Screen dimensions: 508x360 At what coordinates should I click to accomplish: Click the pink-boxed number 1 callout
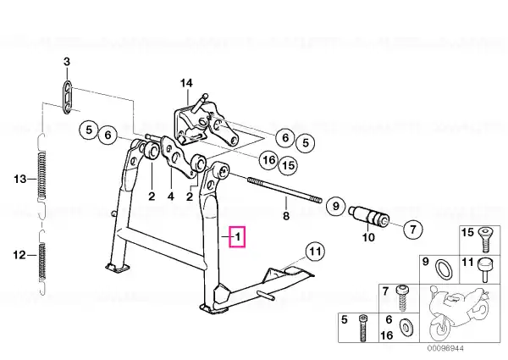click(x=237, y=237)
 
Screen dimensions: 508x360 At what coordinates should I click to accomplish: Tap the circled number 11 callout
click(x=316, y=252)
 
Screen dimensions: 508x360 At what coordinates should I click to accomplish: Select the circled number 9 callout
click(x=335, y=206)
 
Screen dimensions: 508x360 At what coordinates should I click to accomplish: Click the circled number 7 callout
click(x=413, y=230)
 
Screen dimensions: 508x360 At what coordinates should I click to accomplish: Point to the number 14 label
click(x=186, y=83)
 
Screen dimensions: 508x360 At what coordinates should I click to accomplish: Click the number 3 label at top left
click(x=66, y=62)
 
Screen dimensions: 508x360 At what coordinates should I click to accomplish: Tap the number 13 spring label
click(x=19, y=179)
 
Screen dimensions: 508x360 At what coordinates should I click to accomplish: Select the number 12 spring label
click(x=19, y=255)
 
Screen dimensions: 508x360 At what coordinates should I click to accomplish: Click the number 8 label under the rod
click(x=286, y=215)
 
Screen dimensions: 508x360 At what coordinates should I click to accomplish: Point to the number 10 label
click(x=368, y=237)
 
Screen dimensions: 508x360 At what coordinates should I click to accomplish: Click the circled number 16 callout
click(x=269, y=160)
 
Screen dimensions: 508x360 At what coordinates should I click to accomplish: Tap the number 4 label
click(x=171, y=197)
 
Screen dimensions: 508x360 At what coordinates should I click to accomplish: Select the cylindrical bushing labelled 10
click(x=369, y=216)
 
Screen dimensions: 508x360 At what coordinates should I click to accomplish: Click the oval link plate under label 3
click(x=67, y=97)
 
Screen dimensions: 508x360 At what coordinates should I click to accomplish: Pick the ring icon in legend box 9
click(x=443, y=269)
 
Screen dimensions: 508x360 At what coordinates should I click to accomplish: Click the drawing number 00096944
click(x=445, y=348)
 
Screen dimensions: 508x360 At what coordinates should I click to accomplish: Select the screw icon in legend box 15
click(x=484, y=240)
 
